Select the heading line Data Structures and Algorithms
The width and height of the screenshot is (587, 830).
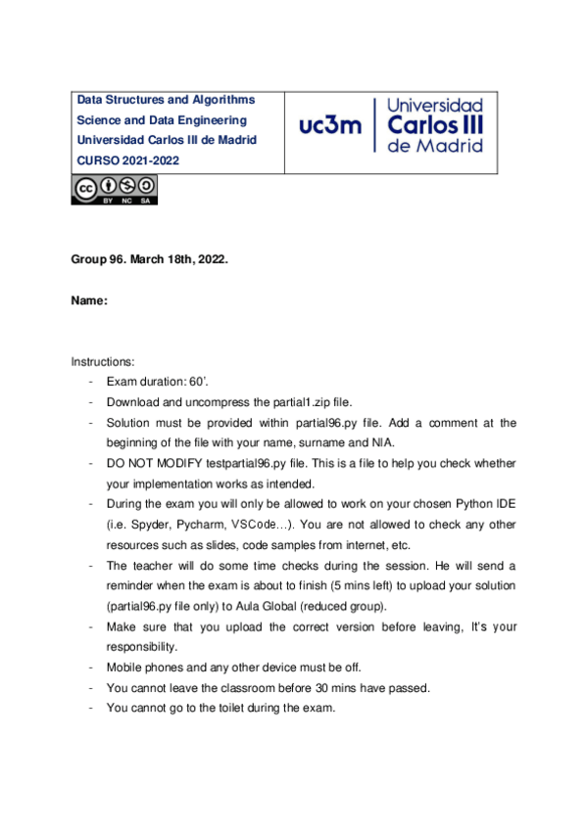166,100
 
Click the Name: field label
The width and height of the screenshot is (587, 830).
88,302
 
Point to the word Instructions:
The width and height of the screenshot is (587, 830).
103,362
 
